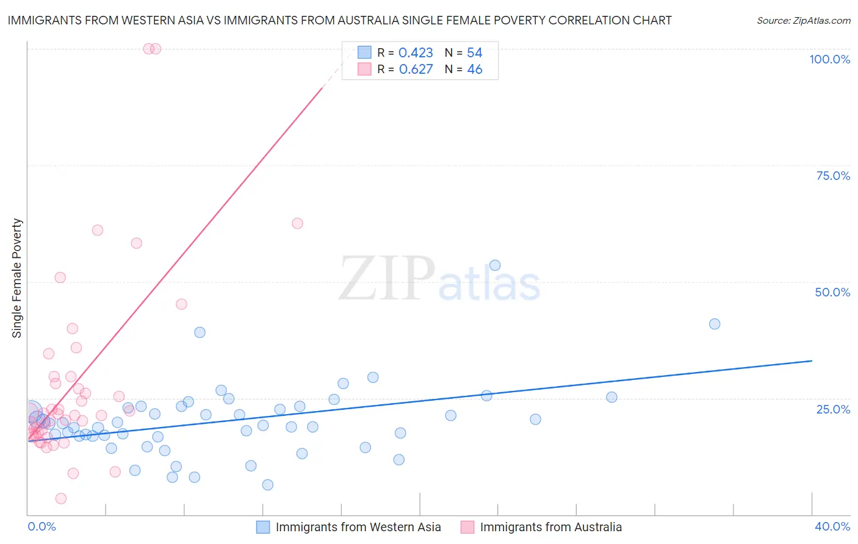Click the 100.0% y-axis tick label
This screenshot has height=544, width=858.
point(829,59)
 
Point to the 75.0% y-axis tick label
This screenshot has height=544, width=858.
point(833,176)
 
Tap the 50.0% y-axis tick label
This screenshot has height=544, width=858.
point(832,292)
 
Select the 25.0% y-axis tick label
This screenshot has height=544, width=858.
point(833,409)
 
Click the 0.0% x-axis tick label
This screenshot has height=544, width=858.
point(41,526)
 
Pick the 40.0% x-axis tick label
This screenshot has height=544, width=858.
point(832,526)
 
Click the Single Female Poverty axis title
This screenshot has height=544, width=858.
point(17,278)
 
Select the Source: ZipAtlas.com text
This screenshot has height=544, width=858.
point(803,20)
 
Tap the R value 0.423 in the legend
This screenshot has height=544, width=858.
point(416,53)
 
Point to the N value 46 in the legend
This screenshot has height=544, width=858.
point(475,70)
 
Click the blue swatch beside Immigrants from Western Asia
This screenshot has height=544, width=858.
point(263,527)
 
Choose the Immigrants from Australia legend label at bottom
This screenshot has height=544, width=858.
point(550,527)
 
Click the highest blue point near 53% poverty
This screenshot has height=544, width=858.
point(495,265)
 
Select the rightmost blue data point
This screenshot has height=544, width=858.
point(715,324)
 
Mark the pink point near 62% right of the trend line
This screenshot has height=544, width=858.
point(297,223)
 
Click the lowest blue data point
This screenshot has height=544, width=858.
point(267,485)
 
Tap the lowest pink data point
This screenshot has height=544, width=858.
point(61,498)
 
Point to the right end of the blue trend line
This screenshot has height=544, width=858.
point(812,361)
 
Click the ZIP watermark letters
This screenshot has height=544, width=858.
point(386,279)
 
